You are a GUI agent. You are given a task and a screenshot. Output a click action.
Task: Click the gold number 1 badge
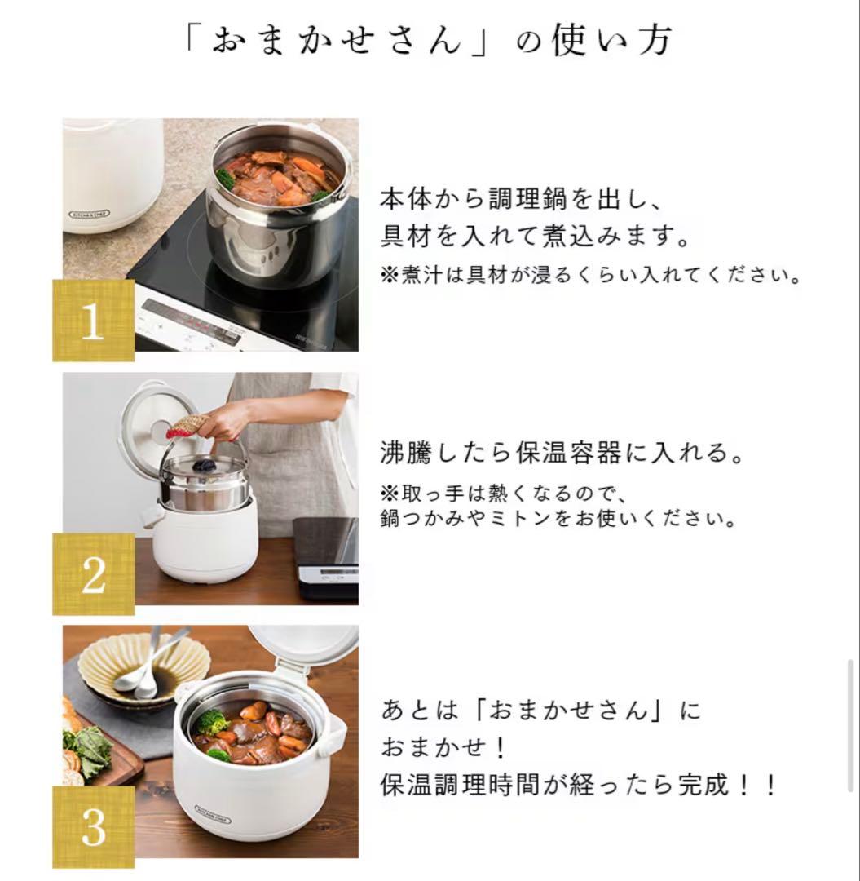point(93,321)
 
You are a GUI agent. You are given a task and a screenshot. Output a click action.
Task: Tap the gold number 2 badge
point(93,574)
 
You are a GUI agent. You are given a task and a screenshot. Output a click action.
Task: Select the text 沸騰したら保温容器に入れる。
point(563,453)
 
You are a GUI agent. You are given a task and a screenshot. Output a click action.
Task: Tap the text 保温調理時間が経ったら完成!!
point(580,786)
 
